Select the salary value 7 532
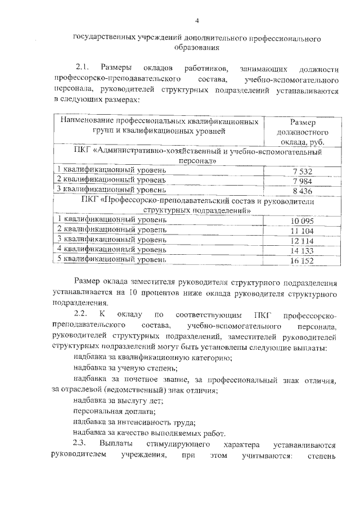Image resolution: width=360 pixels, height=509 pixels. pos(302,171)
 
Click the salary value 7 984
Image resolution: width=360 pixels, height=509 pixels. pos(302,181)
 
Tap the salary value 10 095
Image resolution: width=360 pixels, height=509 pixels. pos(302,221)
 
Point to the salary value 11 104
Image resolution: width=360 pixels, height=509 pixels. pos(302,231)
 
